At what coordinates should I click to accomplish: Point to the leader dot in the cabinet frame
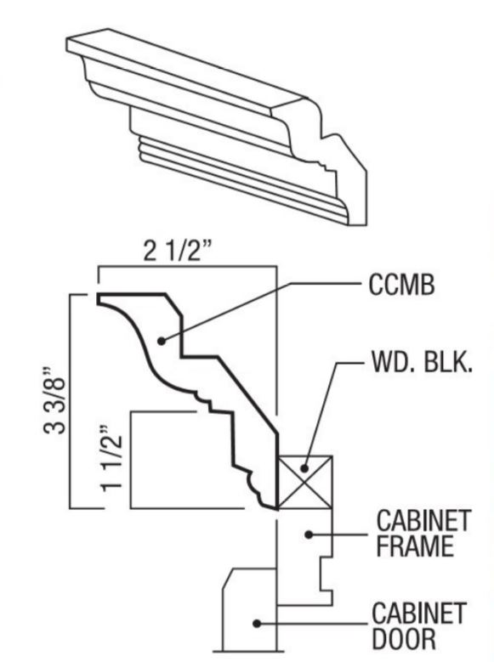(311, 533)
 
